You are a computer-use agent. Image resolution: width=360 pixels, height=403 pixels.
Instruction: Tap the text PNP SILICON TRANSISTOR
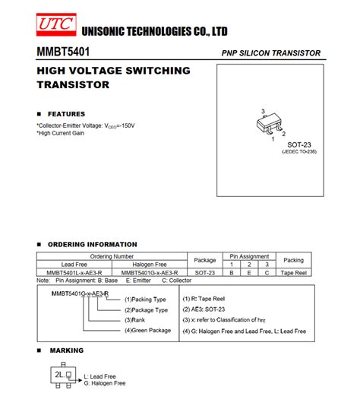(270, 53)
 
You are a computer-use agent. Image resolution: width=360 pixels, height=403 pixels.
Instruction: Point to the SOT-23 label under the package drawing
(298, 144)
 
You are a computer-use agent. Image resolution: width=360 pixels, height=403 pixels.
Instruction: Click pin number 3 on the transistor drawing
(263, 112)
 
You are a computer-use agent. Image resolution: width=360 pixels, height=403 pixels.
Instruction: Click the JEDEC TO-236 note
(298, 152)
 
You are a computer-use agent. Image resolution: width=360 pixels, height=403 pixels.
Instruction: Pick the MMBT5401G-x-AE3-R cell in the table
(150, 272)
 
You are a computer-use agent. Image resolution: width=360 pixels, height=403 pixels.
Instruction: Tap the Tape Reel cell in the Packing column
(293, 272)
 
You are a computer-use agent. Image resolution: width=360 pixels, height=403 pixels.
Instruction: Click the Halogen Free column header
(150, 264)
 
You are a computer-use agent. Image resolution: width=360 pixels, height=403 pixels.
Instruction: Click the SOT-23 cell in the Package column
(204, 272)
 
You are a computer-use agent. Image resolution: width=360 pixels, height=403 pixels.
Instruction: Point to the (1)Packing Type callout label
(145, 299)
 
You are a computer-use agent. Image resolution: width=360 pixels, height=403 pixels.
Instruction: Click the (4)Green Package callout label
(147, 330)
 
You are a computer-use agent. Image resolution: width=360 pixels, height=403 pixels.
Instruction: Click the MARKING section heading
(66, 351)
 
